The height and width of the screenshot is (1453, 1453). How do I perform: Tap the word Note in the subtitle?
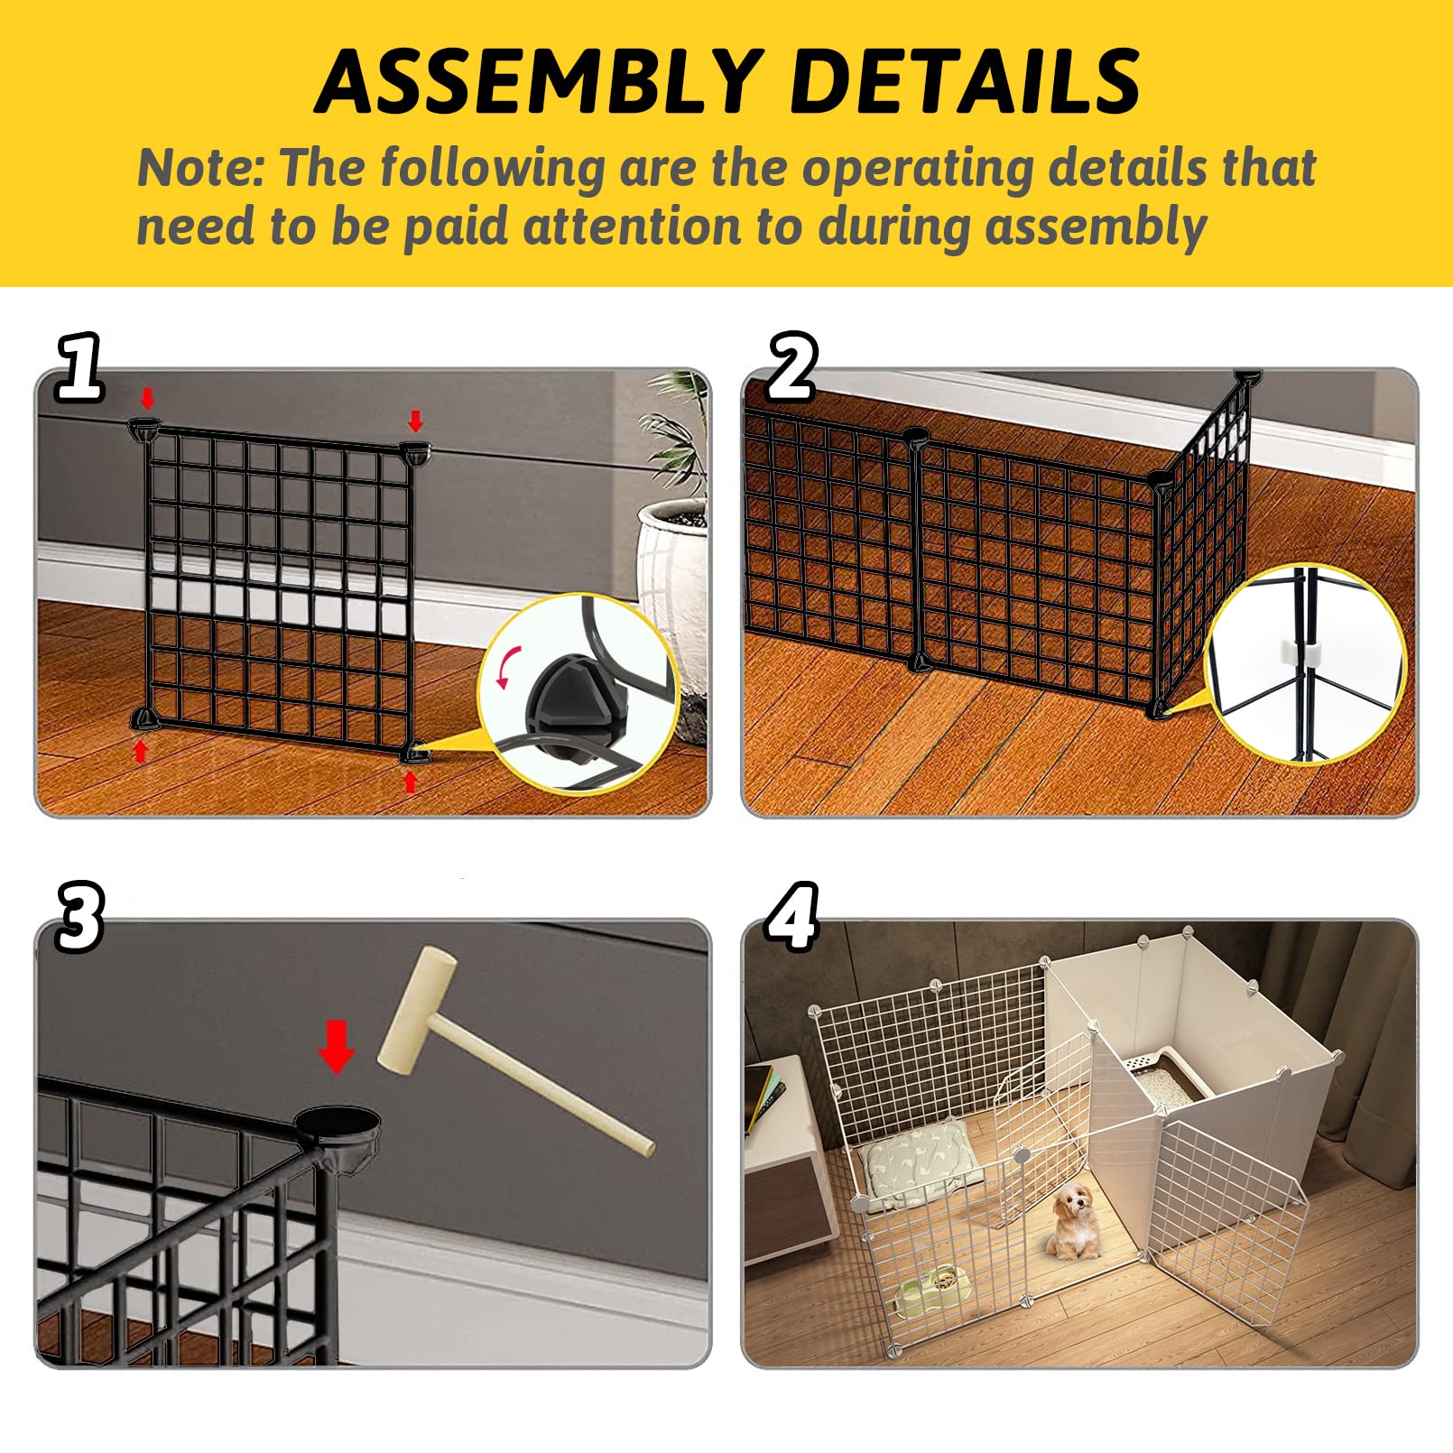click(199, 168)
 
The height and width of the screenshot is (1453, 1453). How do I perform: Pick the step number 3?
click(79, 917)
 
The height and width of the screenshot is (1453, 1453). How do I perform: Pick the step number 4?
click(791, 917)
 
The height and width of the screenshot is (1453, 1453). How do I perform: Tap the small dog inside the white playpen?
click(1075, 1222)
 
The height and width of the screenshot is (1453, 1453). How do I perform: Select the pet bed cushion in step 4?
click(921, 1164)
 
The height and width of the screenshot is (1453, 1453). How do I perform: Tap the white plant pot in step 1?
click(672, 560)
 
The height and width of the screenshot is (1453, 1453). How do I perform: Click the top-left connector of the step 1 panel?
click(144, 428)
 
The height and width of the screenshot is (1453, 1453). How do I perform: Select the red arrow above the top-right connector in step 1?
click(415, 421)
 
